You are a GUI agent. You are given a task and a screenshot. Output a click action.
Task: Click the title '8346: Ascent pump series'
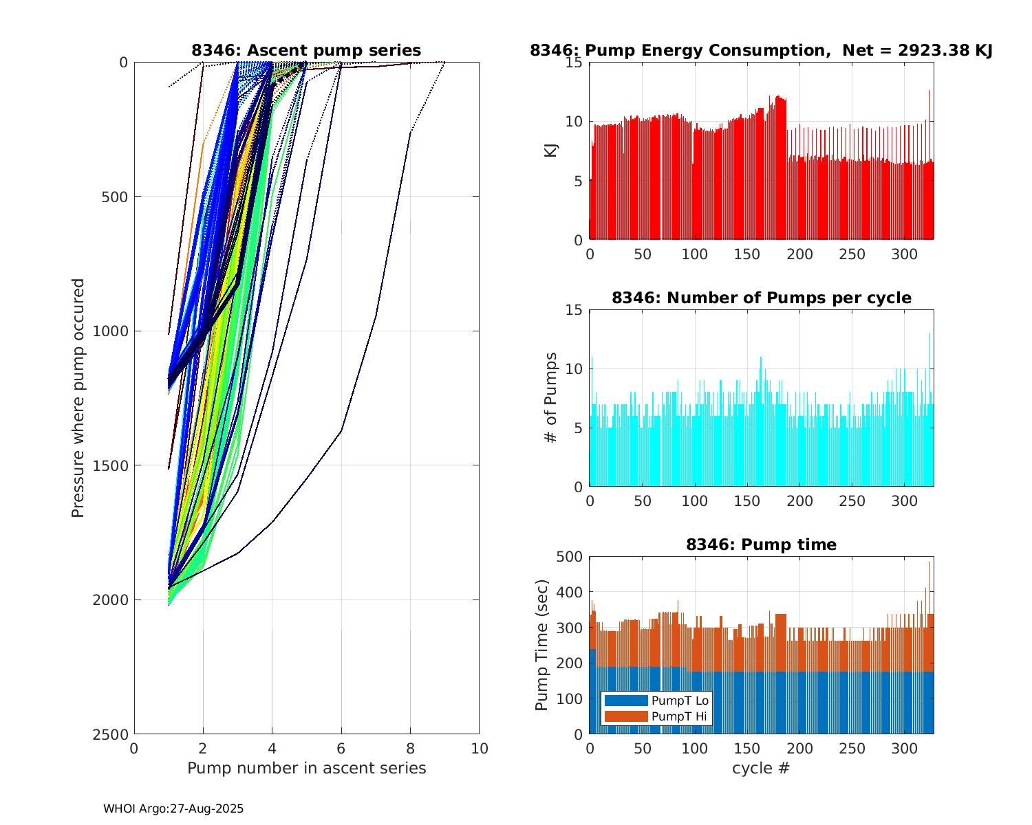point(306,50)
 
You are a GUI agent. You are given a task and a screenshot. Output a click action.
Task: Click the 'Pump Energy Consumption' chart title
point(761,50)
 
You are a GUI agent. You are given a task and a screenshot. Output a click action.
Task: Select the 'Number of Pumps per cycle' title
point(761,298)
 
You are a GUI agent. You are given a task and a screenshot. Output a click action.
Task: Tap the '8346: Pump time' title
point(761,544)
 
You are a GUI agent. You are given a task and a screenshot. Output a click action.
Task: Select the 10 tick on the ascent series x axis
point(479,748)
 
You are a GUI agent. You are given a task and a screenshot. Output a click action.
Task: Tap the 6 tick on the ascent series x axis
point(341,748)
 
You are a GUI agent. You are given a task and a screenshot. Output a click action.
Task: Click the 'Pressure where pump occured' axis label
point(78,398)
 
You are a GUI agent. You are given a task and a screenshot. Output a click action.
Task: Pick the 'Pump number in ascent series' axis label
point(306,768)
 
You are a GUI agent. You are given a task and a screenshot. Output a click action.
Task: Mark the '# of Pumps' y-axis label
point(551,397)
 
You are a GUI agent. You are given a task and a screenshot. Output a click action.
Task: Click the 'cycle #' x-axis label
point(761,768)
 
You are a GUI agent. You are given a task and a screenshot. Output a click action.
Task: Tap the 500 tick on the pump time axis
point(570,557)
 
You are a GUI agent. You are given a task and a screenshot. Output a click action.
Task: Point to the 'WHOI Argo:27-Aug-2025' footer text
point(173,809)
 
